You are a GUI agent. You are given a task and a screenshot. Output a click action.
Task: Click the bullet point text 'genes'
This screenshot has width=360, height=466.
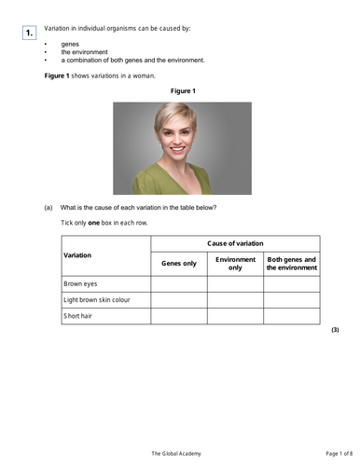click(x=70, y=44)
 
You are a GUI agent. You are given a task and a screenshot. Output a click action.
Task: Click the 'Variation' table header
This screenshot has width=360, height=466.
click(x=79, y=254)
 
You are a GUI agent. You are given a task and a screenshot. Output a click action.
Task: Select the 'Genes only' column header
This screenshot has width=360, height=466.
click(x=179, y=264)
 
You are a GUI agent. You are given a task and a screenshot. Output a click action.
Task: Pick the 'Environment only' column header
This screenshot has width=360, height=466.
click(x=235, y=264)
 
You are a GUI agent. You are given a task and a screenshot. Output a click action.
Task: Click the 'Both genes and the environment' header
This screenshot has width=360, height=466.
click(x=291, y=264)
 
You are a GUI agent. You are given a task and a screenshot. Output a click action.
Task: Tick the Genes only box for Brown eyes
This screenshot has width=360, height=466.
click(x=179, y=283)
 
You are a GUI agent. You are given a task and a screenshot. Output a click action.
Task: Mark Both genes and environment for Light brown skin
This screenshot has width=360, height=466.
click(x=291, y=299)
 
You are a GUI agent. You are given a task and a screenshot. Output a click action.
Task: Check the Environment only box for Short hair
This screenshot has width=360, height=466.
click(x=235, y=316)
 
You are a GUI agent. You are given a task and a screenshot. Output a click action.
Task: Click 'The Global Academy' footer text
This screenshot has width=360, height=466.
click(x=179, y=454)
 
